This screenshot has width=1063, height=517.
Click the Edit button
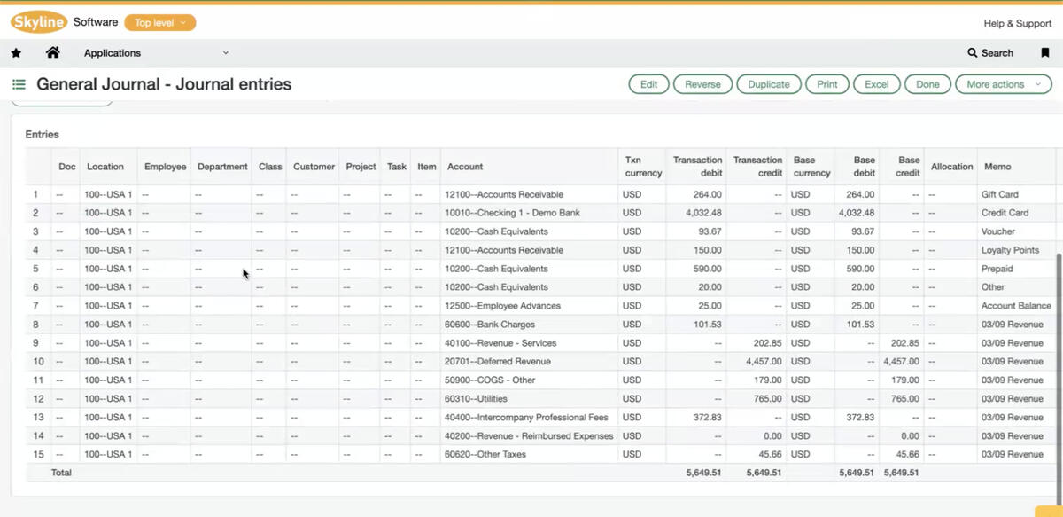click(648, 84)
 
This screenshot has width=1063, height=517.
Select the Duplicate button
click(768, 84)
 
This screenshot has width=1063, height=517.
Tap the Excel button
click(876, 84)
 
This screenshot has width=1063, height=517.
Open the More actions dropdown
click(1002, 84)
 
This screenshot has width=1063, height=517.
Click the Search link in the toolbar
click(990, 53)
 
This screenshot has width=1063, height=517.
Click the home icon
click(53, 53)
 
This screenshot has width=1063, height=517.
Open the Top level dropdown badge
click(160, 23)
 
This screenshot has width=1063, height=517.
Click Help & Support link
click(1017, 23)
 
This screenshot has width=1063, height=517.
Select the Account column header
click(465, 167)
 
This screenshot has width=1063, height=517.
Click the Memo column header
click(997, 167)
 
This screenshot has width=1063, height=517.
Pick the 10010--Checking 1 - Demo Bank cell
click(513, 213)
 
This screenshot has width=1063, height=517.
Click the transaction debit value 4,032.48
click(703, 213)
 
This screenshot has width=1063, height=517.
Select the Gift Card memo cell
click(999, 194)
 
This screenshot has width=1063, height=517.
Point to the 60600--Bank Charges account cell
click(490, 325)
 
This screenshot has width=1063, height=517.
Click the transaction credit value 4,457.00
click(764, 362)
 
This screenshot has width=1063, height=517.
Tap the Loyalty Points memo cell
click(1010, 250)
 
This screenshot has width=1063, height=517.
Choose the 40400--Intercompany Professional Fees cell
click(526, 418)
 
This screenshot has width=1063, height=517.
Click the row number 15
click(38, 455)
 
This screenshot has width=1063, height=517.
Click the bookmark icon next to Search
click(1045, 53)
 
